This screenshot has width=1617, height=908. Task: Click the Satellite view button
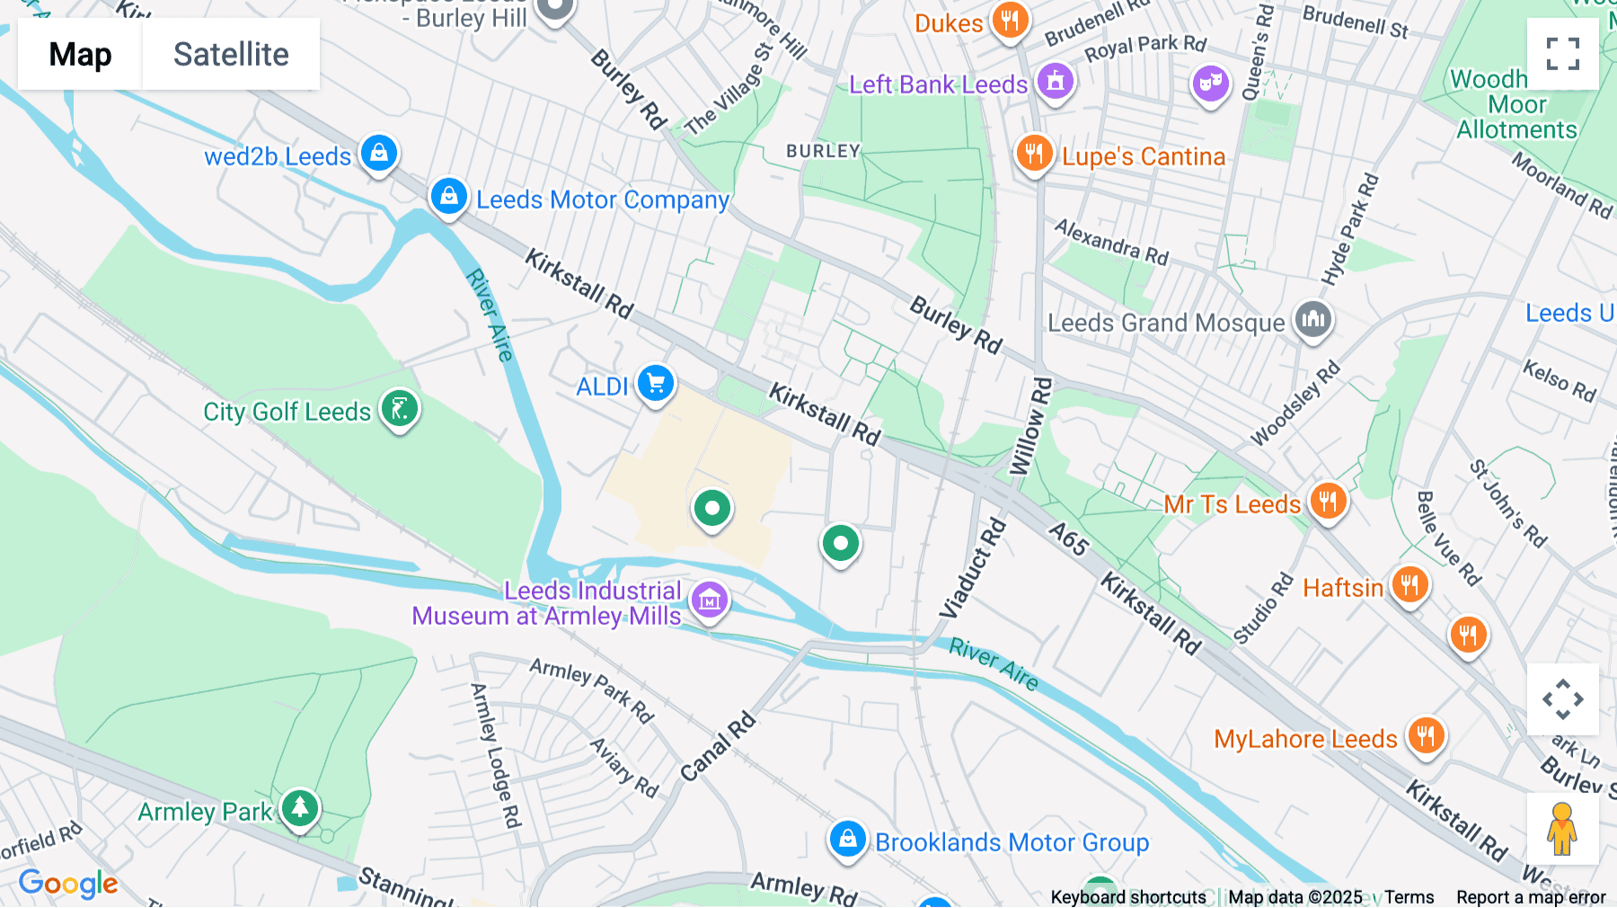point(231,54)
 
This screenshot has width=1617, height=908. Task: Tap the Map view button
point(80,54)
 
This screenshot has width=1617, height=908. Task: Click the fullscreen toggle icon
point(1562,54)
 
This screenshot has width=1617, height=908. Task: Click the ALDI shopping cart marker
point(656,384)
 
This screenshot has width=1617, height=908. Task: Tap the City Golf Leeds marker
point(400,409)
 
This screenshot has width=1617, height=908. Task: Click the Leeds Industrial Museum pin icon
point(710,600)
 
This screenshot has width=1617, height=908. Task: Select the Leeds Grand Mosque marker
point(1313,319)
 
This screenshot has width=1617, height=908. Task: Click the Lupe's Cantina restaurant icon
point(1034,153)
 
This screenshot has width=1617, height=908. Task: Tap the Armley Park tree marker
point(300,808)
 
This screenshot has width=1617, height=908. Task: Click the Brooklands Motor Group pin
point(846,840)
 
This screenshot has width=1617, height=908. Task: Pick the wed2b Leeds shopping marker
point(379,153)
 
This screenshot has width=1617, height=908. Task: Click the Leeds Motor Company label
point(602,200)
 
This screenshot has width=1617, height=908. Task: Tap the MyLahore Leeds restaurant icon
point(1426,735)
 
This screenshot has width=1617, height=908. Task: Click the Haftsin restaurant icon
point(1409,585)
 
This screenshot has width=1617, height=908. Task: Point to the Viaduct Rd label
point(973,569)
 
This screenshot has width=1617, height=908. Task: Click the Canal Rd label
point(718,747)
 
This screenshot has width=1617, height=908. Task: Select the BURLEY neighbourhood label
point(823,151)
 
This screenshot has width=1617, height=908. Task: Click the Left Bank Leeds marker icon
point(1056,82)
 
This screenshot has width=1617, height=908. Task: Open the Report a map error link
point(1530,897)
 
